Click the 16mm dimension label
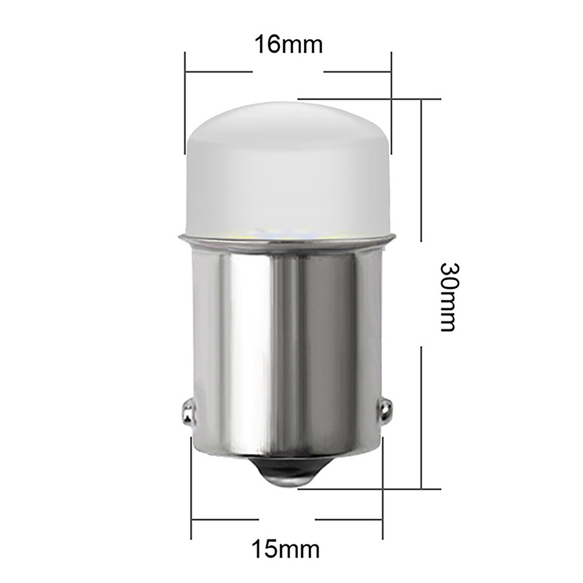(x=289, y=44)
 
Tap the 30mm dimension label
(x=449, y=297)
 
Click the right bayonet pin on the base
(x=386, y=412)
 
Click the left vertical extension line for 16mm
(x=185, y=103)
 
